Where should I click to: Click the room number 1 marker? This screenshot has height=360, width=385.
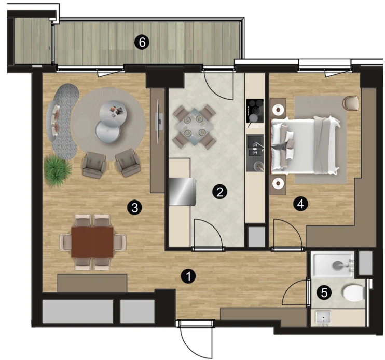(x=188, y=276)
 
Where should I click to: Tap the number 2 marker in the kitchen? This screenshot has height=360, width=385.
(x=220, y=192)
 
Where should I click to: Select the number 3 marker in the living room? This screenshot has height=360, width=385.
(x=134, y=208)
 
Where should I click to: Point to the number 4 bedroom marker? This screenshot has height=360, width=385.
(x=300, y=204)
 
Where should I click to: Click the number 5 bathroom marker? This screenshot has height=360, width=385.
(x=324, y=292)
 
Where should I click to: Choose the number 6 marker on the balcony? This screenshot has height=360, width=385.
(x=142, y=43)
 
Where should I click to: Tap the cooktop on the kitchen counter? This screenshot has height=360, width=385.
(x=255, y=111)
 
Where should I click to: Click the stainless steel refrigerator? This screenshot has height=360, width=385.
(x=183, y=191)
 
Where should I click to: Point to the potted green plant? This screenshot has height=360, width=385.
(x=58, y=171)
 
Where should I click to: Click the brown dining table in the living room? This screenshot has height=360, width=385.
(x=92, y=242)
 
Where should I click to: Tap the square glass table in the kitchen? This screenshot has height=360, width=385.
(x=194, y=127)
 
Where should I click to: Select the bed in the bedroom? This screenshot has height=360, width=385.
(x=306, y=145)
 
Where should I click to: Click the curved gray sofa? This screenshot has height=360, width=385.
(x=63, y=121)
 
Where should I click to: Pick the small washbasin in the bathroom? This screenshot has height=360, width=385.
(x=324, y=318)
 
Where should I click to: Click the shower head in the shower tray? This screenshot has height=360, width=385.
(x=338, y=265)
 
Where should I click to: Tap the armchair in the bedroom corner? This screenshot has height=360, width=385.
(x=351, y=103)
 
